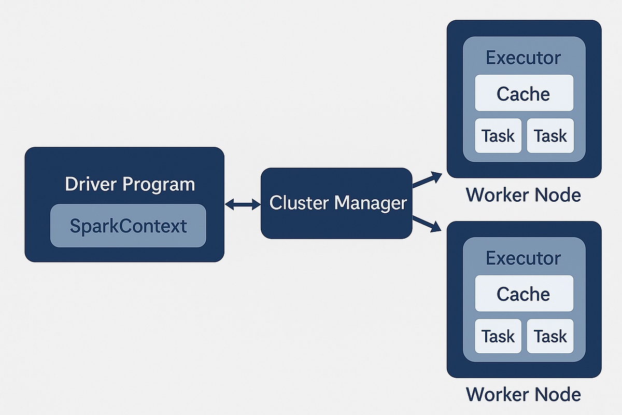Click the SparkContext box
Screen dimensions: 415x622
coord(128,226)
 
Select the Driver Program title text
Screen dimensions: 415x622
coord(130,184)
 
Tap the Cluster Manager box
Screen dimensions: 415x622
coord(336,203)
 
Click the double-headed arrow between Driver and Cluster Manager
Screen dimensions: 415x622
coord(243,205)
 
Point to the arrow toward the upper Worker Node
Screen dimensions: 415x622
coord(427,179)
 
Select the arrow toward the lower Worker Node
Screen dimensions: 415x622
coord(427,224)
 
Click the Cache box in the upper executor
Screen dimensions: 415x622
coord(524,93)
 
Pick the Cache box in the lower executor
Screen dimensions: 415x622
coord(524,294)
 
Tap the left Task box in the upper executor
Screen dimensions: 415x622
coord(498,136)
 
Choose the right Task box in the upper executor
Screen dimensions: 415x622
coord(550,136)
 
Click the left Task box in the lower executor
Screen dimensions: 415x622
coord(498,336)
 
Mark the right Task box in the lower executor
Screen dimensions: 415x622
coord(550,336)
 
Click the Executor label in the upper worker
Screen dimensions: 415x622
coord(524,58)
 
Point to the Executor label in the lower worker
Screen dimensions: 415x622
coord(524,258)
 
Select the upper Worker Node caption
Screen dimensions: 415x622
coord(524,195)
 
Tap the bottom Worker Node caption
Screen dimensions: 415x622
coord(524,394)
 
